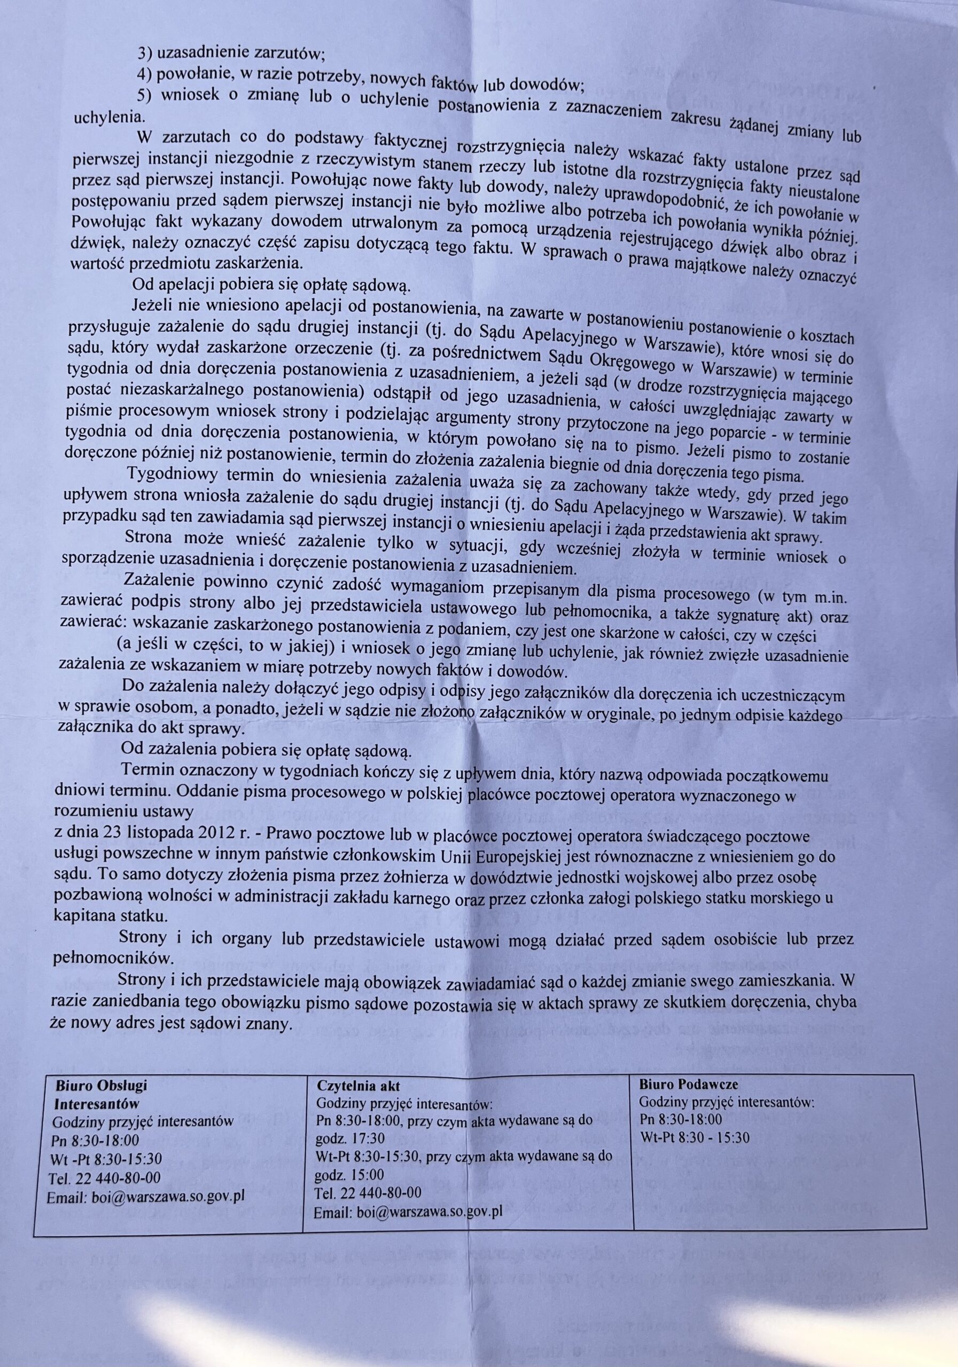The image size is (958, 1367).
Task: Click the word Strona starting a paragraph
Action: [148, 538]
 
